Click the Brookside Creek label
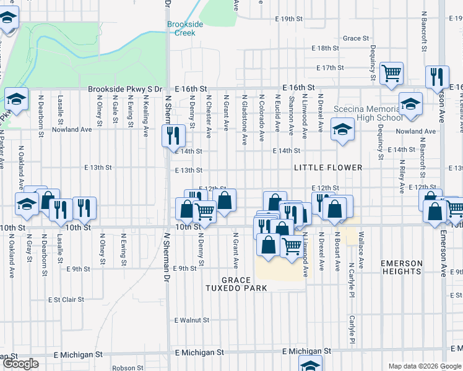coord(185,28)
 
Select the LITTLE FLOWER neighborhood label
coord(328,168)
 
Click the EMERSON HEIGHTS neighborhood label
coord(402,267)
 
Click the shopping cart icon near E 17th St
coord(391,74)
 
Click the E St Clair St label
coord(66,299)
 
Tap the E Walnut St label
coord(192,320)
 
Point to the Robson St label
coord(128,367)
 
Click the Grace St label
coord(356,38)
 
